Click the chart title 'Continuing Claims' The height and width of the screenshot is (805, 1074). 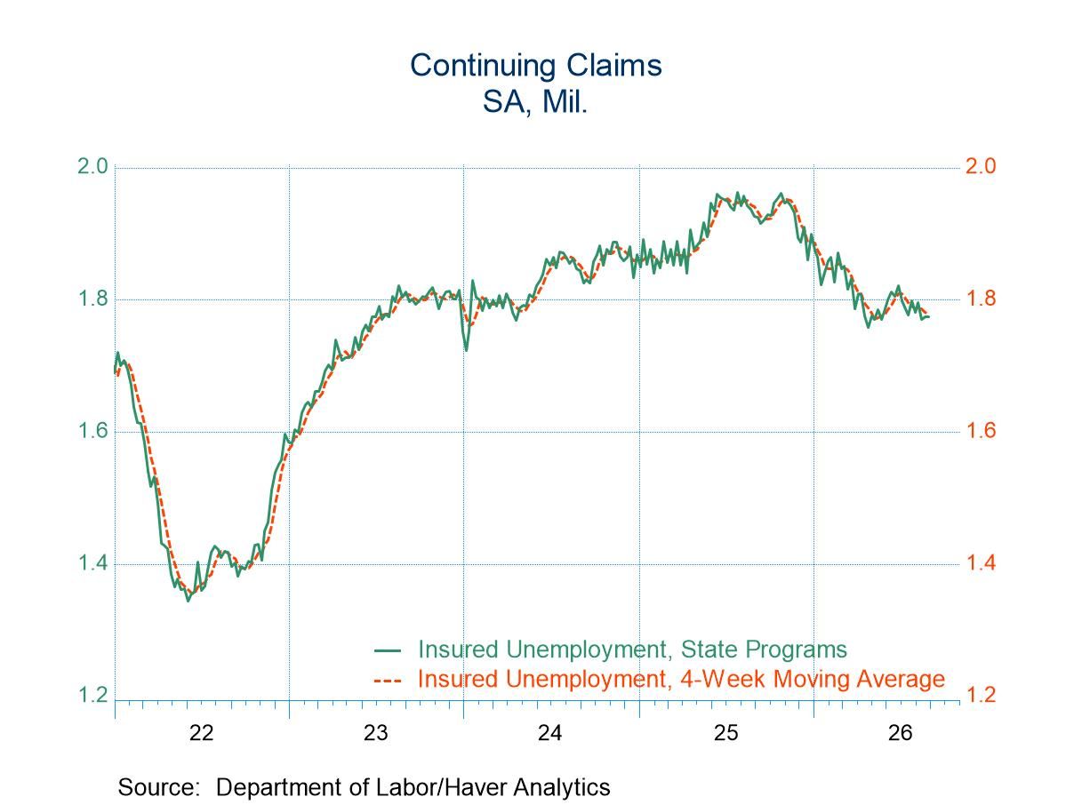click(536, 66)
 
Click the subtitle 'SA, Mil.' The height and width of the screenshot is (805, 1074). click(535, 102)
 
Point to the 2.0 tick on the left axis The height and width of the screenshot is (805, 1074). click(92, 167)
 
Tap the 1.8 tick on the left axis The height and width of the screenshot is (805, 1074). click(92, 299)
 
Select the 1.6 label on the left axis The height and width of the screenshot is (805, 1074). click(92, 431)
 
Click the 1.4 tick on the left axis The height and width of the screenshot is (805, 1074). click(92, 563)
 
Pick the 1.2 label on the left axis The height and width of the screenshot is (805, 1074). click(92, 695)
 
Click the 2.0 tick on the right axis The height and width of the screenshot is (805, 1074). click(981, 167)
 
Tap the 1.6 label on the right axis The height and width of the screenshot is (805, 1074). click(981, 431)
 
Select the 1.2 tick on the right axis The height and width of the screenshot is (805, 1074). click(981, 695)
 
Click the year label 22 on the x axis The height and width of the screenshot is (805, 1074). click(202, 733)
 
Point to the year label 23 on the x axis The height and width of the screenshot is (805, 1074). click(376, 733)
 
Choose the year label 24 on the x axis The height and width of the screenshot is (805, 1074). click(550, 733)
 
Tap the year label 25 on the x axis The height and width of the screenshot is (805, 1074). click(726, 733)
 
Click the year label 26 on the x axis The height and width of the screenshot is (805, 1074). click(901, 733)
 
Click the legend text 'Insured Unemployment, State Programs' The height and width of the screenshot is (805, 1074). click(632, 650)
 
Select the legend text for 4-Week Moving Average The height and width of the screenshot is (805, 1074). click(681, 679)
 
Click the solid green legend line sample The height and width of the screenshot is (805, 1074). click(388, 650)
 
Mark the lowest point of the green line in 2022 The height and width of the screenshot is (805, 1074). click(188, 601)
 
